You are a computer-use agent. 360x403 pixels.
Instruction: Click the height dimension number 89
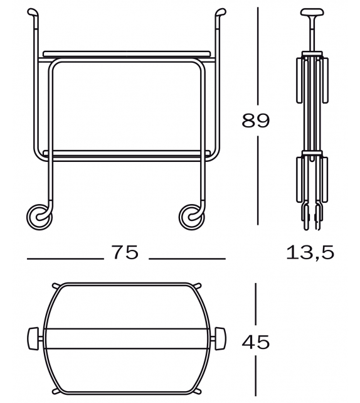tap(256, 120)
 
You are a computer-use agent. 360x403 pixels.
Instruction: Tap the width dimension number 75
tap(125, 252)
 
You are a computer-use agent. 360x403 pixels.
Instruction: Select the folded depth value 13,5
tap(310, 252)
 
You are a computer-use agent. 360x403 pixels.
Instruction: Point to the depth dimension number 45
tap(255, 342)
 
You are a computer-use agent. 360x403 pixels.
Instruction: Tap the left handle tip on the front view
tap(31, 12)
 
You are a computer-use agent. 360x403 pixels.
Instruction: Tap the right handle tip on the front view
tap(221, 12)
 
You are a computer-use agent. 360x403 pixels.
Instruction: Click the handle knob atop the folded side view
tap(310, 13)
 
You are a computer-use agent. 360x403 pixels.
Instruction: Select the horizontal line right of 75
tap(187, 258)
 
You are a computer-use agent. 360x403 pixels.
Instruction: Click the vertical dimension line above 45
tap(256, 304)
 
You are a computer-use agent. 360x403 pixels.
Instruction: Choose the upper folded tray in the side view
tap(310, 78)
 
